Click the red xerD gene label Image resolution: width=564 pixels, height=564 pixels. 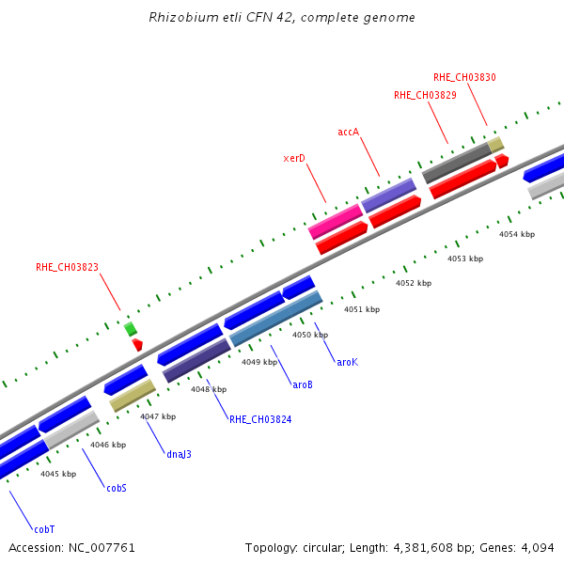[294, 158]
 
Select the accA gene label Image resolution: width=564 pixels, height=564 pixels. [349, 132]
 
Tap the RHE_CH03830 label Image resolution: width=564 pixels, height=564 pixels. [464, 77]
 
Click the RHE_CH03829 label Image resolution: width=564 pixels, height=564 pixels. [425, 95]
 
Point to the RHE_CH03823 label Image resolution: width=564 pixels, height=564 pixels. [67, 267]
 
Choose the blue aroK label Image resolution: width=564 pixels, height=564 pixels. [347, 361]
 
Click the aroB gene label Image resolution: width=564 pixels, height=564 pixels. [303, 384]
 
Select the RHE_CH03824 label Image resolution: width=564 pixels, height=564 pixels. [260, 419]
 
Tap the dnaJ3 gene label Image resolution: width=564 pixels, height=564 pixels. [179, 454]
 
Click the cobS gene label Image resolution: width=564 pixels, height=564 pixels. [117, 488]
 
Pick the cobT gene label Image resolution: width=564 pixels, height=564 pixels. [43, 529]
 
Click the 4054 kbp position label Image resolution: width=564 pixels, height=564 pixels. [517, 234]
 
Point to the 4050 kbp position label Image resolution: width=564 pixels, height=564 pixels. [310, 335]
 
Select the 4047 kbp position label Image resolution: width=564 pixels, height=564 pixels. [158, 416]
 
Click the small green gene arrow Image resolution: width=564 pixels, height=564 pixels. [131, 328]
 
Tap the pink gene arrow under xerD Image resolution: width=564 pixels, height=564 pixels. [336, 222]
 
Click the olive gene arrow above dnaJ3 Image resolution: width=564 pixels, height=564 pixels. [133, 395]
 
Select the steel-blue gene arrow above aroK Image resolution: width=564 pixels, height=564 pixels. [276, 318]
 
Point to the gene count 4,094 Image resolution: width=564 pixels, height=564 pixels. [537, 547]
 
